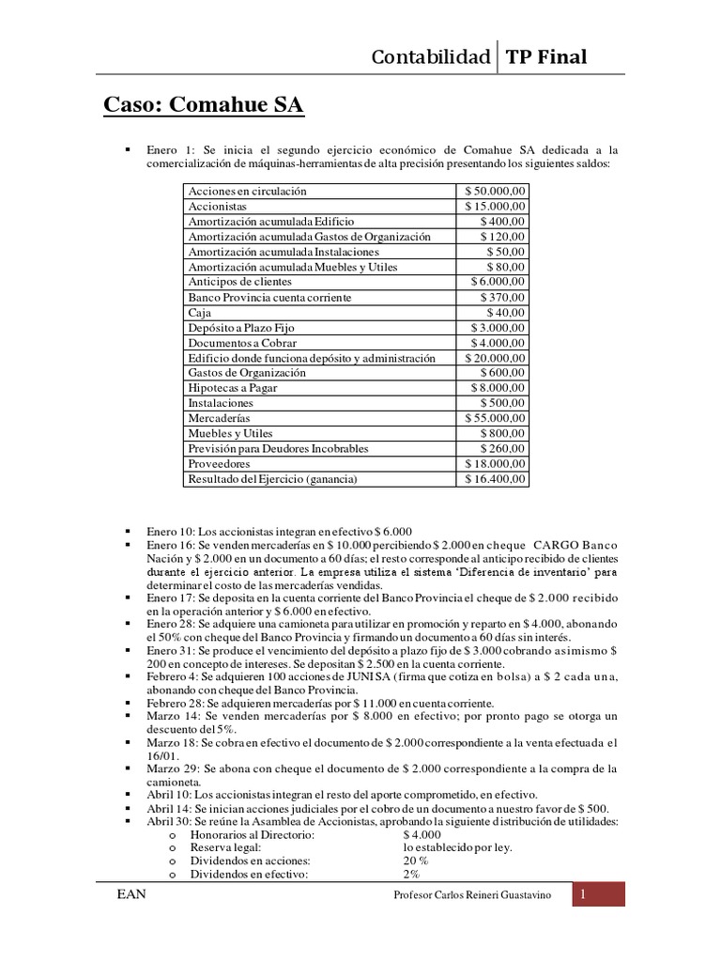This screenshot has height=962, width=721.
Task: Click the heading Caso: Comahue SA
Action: (203, 104)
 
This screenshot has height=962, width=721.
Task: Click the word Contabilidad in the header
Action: (431, 57)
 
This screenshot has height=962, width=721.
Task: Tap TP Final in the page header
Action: (546, 57)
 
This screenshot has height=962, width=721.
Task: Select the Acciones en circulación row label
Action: (247, 191)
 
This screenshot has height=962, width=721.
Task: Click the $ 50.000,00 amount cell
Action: (496, 191)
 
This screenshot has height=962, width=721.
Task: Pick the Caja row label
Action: (200, 312)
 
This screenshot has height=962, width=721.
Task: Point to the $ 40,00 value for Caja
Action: (506, 312)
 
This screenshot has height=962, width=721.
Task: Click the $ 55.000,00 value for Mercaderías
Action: (496, 417)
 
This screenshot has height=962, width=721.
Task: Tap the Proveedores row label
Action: (220, 463)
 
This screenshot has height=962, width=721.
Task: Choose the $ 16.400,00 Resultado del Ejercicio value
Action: (496, 478)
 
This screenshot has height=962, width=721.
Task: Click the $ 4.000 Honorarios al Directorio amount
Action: (421, 834)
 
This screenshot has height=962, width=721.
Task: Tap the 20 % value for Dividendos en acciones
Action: (415, 860)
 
